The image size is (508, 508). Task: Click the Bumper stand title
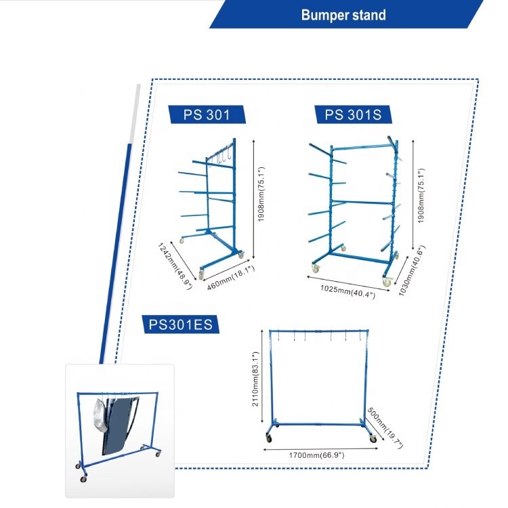pos(343,15)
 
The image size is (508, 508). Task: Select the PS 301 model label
pos(207,115)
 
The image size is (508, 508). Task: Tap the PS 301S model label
pos(353,115)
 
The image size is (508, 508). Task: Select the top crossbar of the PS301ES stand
pos(318,331)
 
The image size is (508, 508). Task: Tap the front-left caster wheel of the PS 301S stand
pos(315,269)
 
